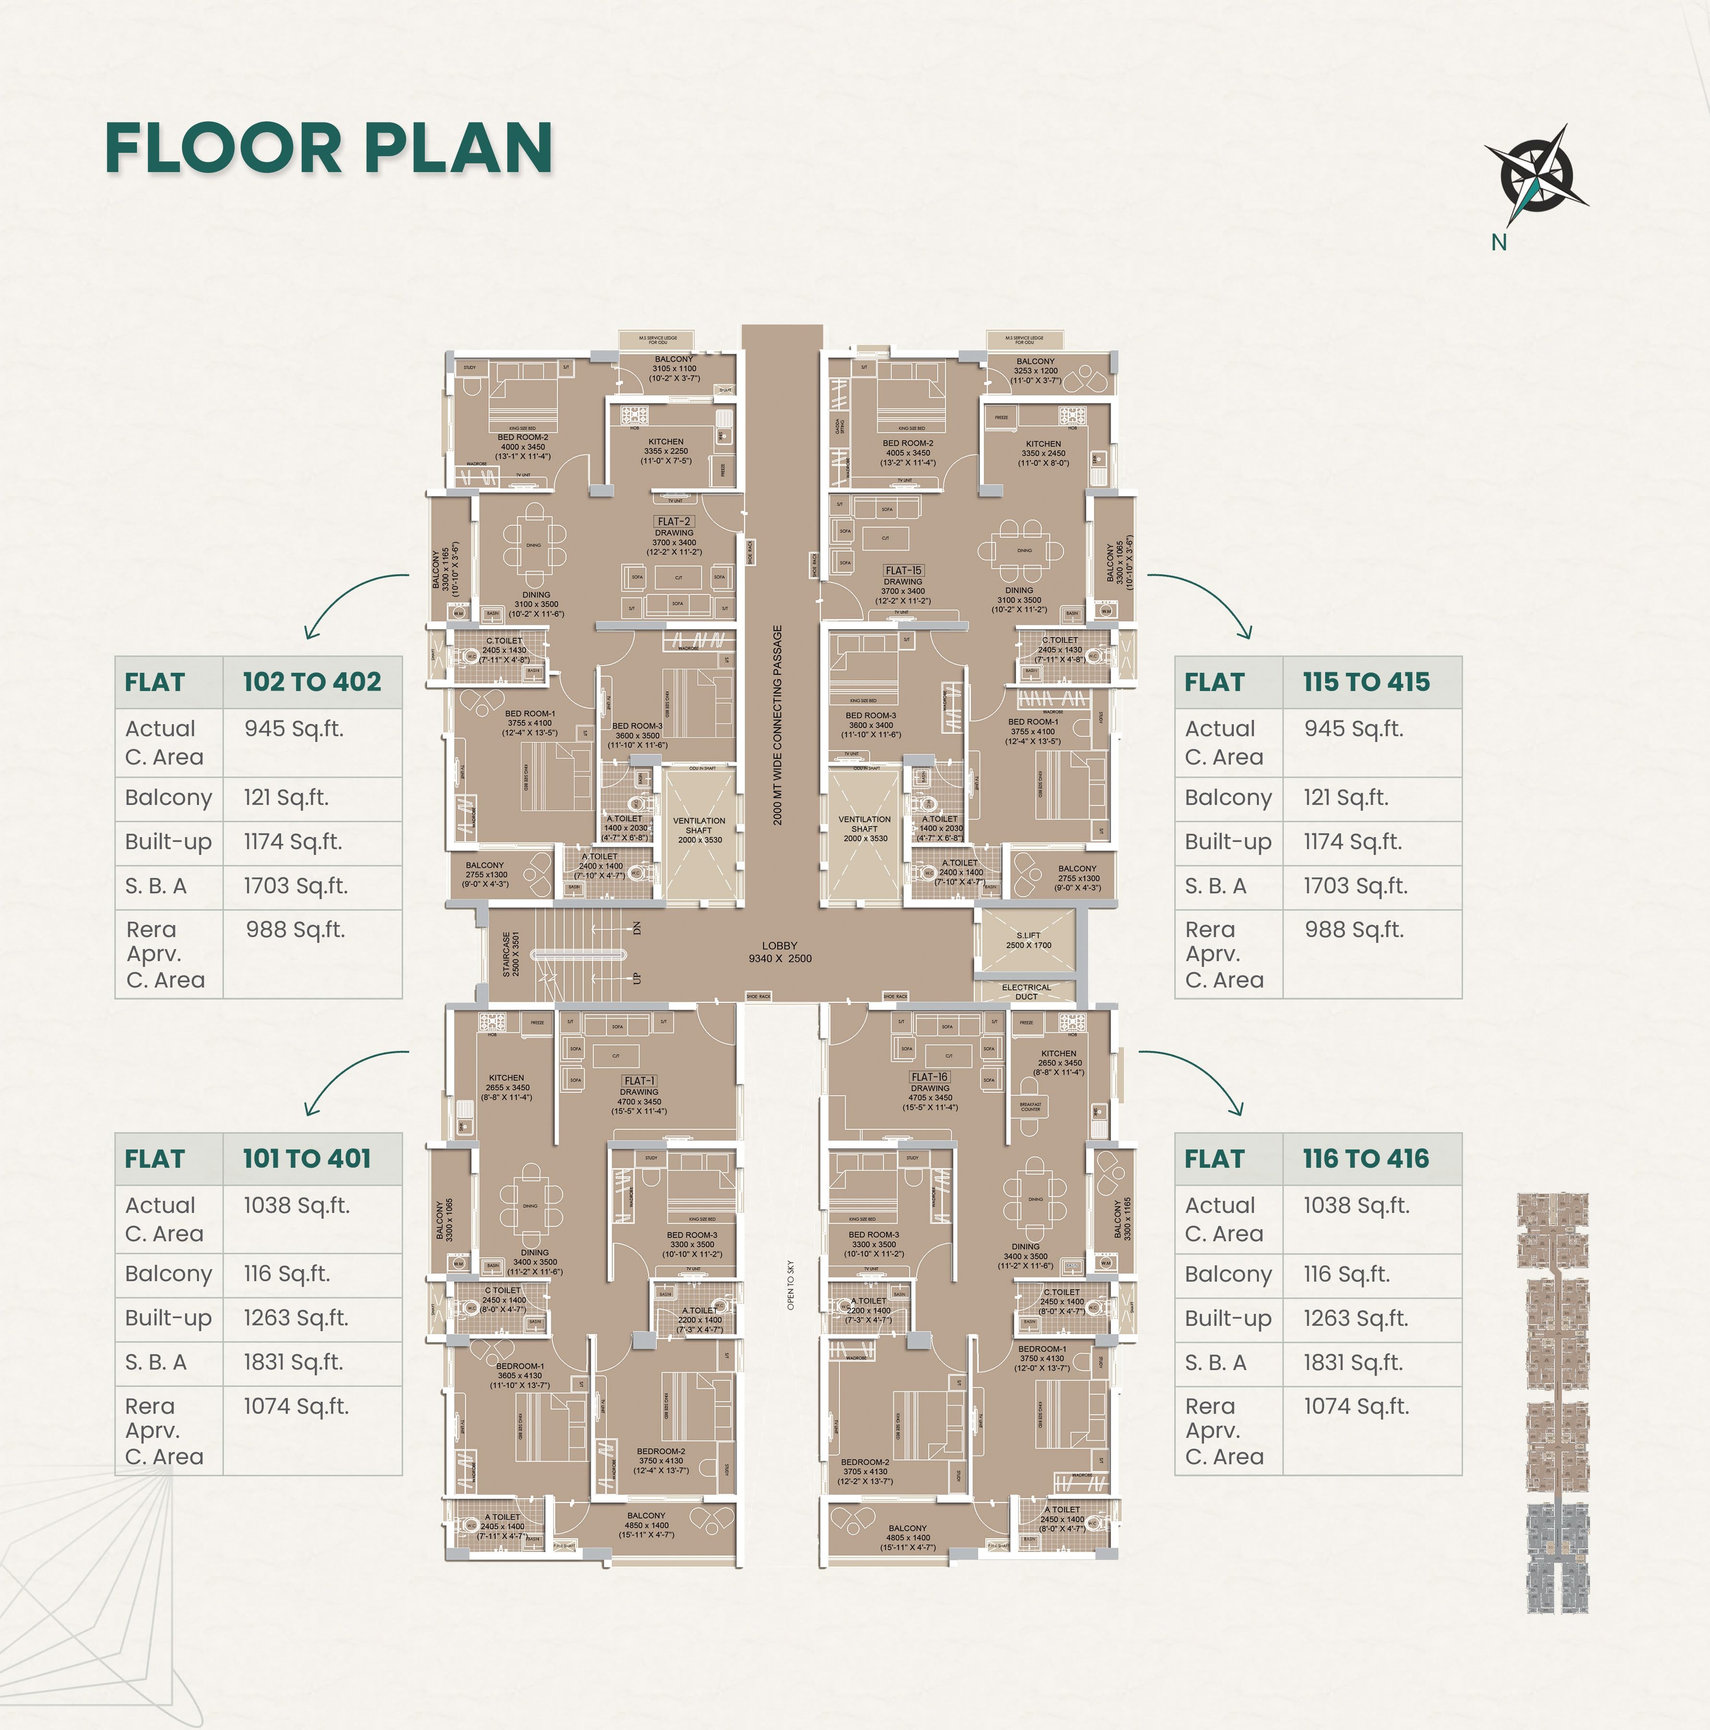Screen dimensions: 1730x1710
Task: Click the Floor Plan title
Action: (x=329, y=148)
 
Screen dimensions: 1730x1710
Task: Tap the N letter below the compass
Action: (x=1499, y=242)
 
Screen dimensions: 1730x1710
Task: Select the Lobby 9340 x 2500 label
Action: (x=780, y=952)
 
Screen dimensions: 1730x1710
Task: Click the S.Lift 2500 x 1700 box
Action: (x=1028, y=940)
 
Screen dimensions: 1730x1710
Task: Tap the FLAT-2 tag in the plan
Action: (x=673, y=521)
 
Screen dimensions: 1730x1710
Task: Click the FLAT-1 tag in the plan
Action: (x=639, y=1081)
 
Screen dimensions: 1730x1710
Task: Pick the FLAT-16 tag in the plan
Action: (x=929, y=1077)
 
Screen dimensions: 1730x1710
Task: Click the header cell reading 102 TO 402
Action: (x=311, y=682)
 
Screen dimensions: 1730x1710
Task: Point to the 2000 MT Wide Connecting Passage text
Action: (x=778, y=725)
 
